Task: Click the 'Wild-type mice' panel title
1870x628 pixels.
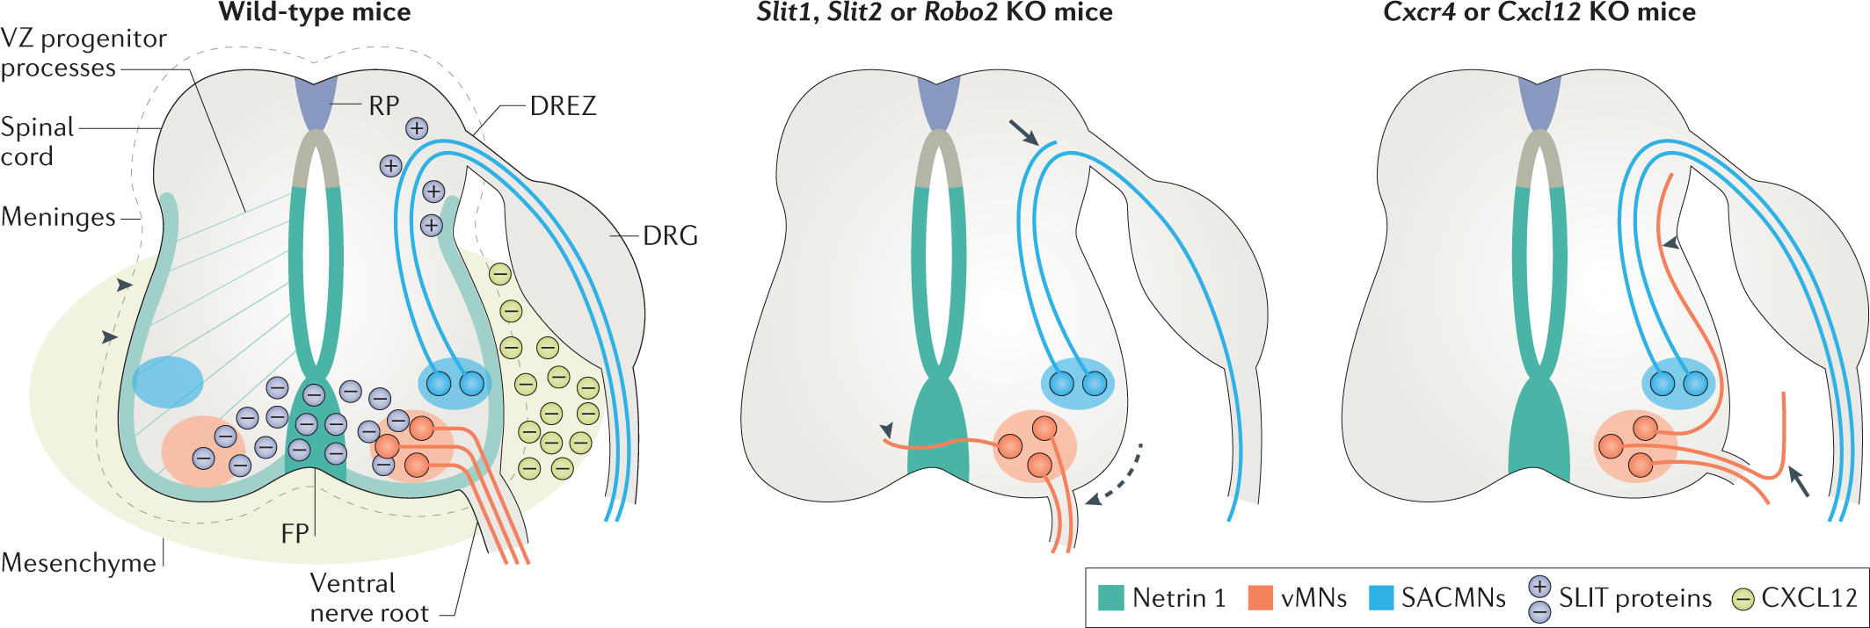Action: coord(314,13)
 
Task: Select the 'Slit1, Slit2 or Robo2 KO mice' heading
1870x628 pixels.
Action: coord(935,13)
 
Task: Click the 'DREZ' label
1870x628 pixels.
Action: coord(563,106)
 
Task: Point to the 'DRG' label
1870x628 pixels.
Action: coord(670,235)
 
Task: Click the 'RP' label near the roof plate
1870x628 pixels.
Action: coord(383,106)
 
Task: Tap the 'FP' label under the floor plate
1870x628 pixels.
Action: coord(295,533)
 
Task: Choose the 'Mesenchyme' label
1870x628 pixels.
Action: coord(78,563)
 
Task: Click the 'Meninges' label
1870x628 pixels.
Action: coord(58,217)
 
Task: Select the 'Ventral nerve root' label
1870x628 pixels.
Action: coord(368,598)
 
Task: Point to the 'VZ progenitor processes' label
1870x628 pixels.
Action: coord(83,53)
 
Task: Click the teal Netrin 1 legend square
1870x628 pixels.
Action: coord(1111,598)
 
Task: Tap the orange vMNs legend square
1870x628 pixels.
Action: coord(1261,598)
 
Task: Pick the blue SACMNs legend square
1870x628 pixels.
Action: coord(1381,598)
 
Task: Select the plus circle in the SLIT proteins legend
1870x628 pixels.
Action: coord(1539,587)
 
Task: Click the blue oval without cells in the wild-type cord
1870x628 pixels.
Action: coord(168,382)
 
